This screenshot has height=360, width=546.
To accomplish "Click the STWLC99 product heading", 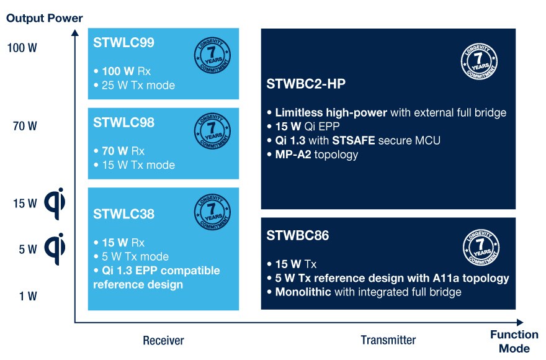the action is pyautogui.click(x=123, y=42).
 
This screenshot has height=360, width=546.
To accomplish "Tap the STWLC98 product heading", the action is pyautogui.click(x=123, y=122).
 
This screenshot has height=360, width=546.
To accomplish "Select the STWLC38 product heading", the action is pyautogui.click(x=123, y=214).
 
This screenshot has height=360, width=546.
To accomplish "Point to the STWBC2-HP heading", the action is pyautogui.click(x=306, y=84).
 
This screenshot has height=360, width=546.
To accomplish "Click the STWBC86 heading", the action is pyautogui.click(x=298, y=236).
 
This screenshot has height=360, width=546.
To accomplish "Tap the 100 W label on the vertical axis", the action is pyautogui.click(x=22, y=48).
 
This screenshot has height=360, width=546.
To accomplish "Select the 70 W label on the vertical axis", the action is pyautogui.click(x=25, y=126).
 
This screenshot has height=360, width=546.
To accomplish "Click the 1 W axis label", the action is pyautogui.click(x=28, y=296).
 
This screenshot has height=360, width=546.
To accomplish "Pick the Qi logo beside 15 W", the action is pyautogui.click(x=55, y=204).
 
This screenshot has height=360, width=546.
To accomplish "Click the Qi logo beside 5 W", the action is pyautogui.click(x=55, y=249).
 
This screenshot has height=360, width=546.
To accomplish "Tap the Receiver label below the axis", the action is pyautogui.click(x=163, y=341).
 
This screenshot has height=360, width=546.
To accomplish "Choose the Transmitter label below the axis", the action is pyautogui.click(x=388, y=340).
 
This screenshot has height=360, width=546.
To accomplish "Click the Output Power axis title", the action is pyautogui.click(x=45, y=18).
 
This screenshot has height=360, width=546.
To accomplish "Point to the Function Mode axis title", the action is pyautogui.click(x=514, y=341).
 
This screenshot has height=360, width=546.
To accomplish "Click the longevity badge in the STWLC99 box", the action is pyautogui.click(x=212, y=55).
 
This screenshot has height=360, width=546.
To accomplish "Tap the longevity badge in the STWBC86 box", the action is pyautogui.click(x=481, y=248).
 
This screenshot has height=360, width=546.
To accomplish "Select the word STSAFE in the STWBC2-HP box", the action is pyautogui.click(x=354, y=140).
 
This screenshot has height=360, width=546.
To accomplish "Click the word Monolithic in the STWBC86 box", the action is pyautogui.click(x=303, y=292).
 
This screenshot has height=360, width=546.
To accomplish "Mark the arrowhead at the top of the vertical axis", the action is pyautogui.click(x=75, y=32).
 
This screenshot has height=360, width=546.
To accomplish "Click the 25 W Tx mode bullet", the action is pyautogui.click(x=135, y=86).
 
